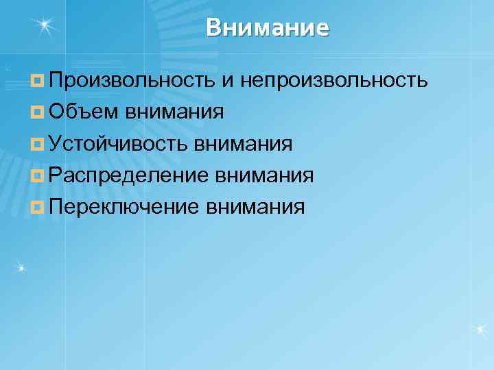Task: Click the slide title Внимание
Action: [x=268, y=28]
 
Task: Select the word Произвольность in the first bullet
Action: [x=132, y=81]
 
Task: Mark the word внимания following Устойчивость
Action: [x=244, y=144]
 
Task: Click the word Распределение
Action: [x=129, y=175]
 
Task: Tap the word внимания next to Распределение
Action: [x=265, y=175]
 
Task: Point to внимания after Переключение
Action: [x=255, y=206]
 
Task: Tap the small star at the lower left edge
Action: [x=21, y=267]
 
